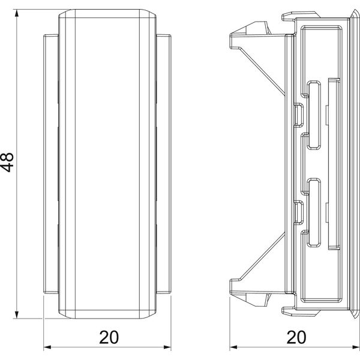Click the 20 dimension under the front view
[x=109, y=337]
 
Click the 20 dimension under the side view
[x=296, y=337]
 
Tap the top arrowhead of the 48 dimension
[x=17, y=13]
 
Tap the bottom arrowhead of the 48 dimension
[x=17, y=314]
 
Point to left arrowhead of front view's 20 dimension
[x=47, y=347]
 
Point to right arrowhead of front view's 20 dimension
[x=167, y=347]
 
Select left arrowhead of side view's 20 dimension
[x=233, y=347]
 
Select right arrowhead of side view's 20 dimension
[x=356, y=347]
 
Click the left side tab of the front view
[x=51, y=164]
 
